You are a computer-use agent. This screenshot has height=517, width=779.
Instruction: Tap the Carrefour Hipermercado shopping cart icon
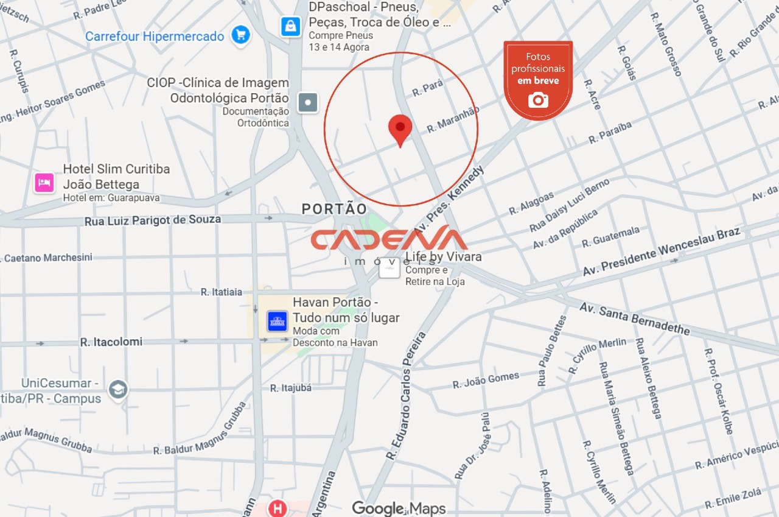pos(242,35)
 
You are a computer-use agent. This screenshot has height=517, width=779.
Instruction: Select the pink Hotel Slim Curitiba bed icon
pos(44,182)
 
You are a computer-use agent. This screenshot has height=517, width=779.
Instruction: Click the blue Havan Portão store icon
pos(278,321)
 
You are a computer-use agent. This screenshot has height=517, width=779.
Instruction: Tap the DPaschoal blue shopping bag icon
pos(291,26)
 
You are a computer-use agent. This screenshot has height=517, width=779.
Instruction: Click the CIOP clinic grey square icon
pos(308,102)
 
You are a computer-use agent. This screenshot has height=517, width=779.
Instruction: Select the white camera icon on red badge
pos(538,100)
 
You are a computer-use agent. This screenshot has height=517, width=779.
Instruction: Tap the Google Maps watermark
pos(399,508)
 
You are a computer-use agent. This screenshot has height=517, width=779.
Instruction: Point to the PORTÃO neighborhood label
pos(335,209)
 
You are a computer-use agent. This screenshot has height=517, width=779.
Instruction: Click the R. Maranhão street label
pos(453,119)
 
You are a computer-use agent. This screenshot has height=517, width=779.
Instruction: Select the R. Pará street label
pos(427,88)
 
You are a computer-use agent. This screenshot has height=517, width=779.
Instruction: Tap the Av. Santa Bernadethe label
pos(634,319)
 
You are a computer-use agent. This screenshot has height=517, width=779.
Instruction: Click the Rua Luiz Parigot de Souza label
pos(153,220)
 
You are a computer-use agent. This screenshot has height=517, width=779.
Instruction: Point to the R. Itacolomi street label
pos(111,342)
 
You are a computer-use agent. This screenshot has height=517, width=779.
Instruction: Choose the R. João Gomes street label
pos(486,380)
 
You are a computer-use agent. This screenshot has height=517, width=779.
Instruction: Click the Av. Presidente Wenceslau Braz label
pos(661,251)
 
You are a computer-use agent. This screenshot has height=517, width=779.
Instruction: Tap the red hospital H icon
pos(278,508)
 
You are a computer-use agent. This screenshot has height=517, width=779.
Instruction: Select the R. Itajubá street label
pos(291,387)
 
